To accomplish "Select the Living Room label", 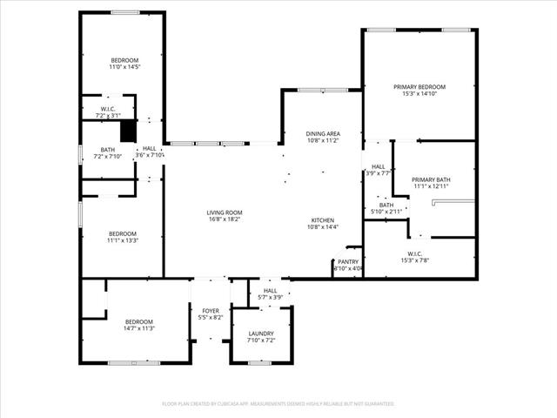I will tap(225, 212).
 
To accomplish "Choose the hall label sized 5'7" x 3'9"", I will tap(271, 293).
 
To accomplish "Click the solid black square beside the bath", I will tap(129, 130).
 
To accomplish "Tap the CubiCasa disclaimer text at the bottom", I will tap(278, 404).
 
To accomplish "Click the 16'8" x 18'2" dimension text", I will tap(225, 219).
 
